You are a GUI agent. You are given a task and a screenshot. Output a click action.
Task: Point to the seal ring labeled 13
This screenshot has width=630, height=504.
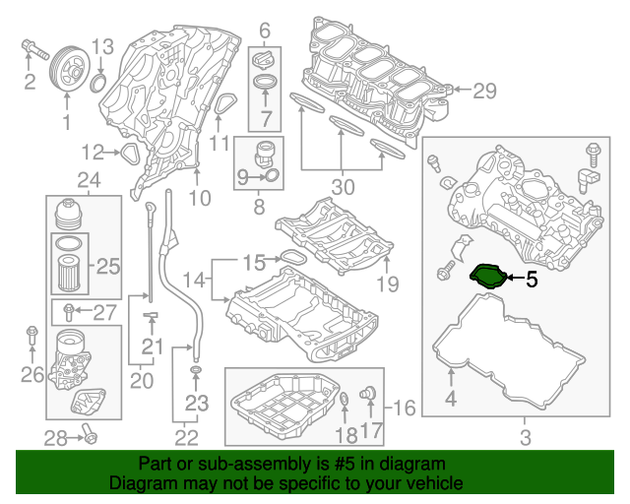(x=99, y=80)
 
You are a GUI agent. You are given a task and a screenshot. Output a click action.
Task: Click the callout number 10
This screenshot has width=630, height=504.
(x=200, y=199)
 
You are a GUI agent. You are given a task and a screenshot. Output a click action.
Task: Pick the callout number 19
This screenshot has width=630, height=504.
(x=387, y=285)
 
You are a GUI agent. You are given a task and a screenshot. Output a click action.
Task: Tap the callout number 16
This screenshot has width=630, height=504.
(x=406, y=407)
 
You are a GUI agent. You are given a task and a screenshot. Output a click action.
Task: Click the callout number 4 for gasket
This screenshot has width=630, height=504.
(x=450, y=399)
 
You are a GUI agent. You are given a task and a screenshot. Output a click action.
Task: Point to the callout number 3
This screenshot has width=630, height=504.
(x=524, y=435)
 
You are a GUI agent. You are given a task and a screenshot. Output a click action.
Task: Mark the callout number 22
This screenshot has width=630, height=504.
(x=185, y=435)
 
